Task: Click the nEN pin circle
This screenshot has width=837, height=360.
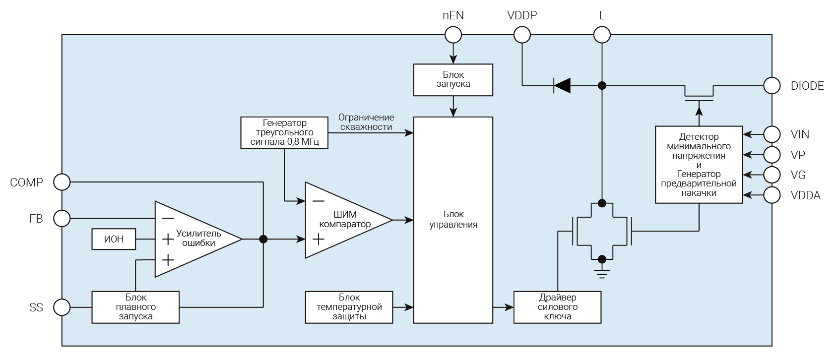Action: click(x=453, y=35)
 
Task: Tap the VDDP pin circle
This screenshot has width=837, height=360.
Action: click(x=522, y=35)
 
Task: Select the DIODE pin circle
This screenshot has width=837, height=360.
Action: click(x=772, y=85)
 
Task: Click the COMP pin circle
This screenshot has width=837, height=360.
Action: click(x=62, y=182)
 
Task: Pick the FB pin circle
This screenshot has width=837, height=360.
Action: click(x=62, y=218)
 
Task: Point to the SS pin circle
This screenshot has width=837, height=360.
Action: click(x=62, y=307)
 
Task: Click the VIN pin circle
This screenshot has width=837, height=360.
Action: click(x=772, y=134)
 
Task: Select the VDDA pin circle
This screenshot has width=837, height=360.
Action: click(x=772, y=195)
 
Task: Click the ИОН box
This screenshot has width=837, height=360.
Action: click(x=114, y=240)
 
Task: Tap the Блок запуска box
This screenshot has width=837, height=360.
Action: click(x=453, y=79)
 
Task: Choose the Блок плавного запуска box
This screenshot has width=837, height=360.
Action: click(x=135, y=307)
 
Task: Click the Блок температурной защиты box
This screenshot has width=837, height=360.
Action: click(x=349, y=307)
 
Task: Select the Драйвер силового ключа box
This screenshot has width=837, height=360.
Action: click(x=557, y=307)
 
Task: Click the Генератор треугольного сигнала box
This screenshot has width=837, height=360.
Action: click(x=284, y=132)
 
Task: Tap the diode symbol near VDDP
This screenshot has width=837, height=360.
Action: click(x=562, y=85)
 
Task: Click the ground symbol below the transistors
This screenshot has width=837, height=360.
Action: click(x=602, y=272)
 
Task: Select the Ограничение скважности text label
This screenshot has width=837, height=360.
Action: click(x=366, y=122)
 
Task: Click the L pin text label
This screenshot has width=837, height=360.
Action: click(x=602, y=16)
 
